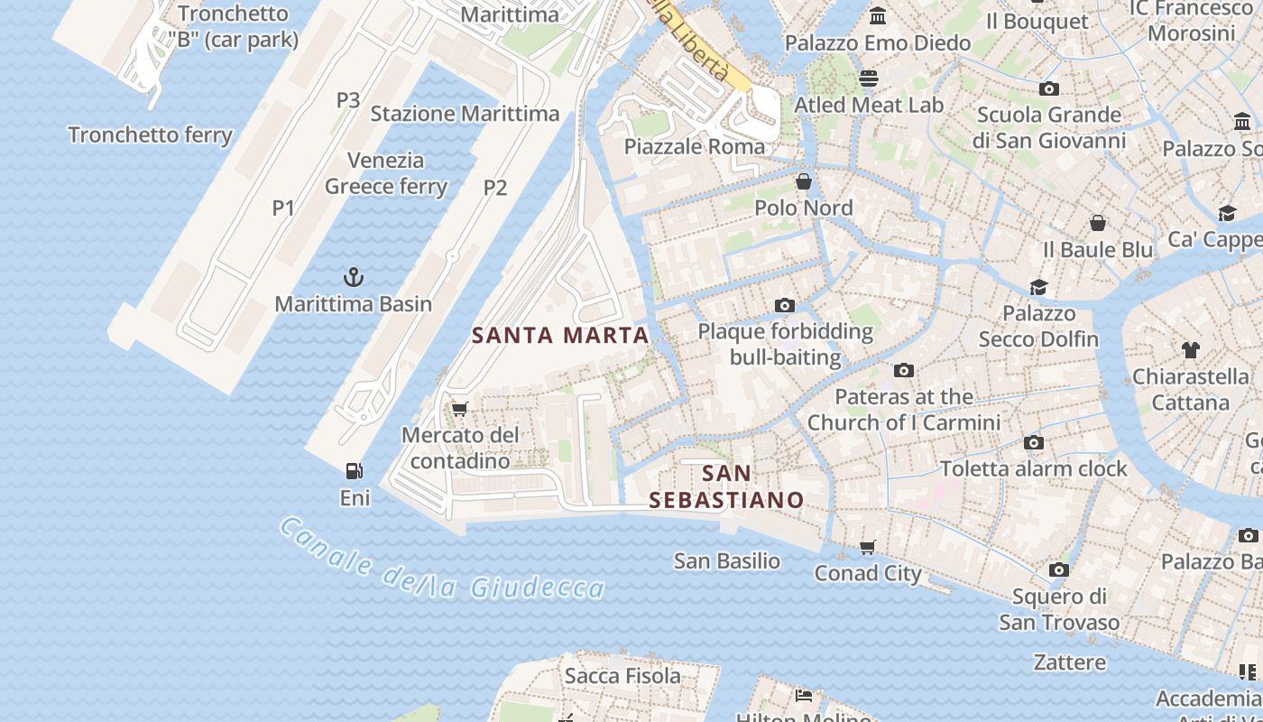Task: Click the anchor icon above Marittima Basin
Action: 354,276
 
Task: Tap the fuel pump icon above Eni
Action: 355,470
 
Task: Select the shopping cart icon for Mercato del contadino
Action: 460,409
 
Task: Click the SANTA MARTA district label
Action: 560,336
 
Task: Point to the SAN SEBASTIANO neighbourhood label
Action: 726,486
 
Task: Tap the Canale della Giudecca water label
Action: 441,560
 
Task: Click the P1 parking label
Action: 284,208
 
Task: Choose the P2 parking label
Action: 495,188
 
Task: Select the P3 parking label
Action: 348,100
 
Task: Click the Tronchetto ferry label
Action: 151,135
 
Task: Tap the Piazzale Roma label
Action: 695,146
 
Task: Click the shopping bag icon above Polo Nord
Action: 804,181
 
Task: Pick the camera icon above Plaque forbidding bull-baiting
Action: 785,306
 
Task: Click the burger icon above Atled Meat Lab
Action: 869,79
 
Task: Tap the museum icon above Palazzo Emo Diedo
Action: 878,16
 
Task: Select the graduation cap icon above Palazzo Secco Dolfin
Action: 1039,287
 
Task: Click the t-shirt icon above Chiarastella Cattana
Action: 1190,349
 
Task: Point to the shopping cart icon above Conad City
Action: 868,547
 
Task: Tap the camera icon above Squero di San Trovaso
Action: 1059,570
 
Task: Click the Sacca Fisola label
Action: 622,676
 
